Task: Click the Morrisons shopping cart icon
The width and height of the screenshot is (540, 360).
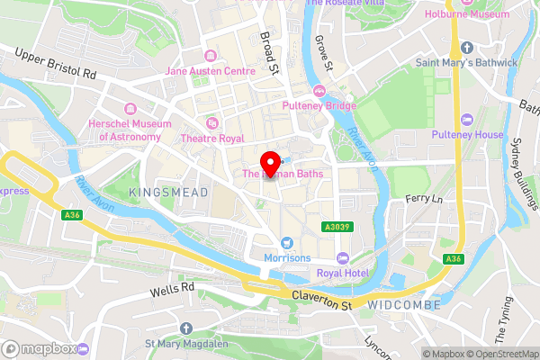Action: [x=287, y=242]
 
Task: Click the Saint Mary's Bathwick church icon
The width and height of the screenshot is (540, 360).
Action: [x=466, y=47]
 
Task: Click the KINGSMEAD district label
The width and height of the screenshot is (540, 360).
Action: [x=168, y=193]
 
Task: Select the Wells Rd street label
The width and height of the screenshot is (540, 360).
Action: [x=172, y=288]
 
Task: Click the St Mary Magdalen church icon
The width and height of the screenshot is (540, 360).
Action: [x=185, y=328]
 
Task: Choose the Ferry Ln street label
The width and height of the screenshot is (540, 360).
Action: [x=424, y=198]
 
